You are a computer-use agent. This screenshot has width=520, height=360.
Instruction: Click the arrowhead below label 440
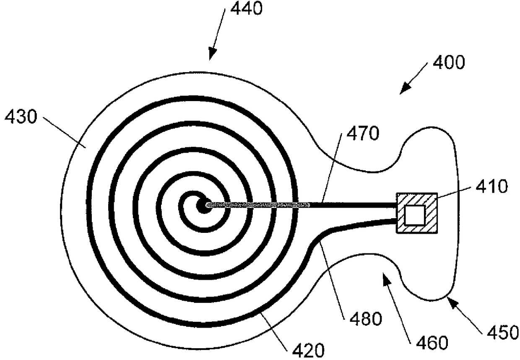[x=212, y=55]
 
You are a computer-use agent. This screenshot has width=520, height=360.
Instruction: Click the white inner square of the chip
[x=414, y=215]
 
